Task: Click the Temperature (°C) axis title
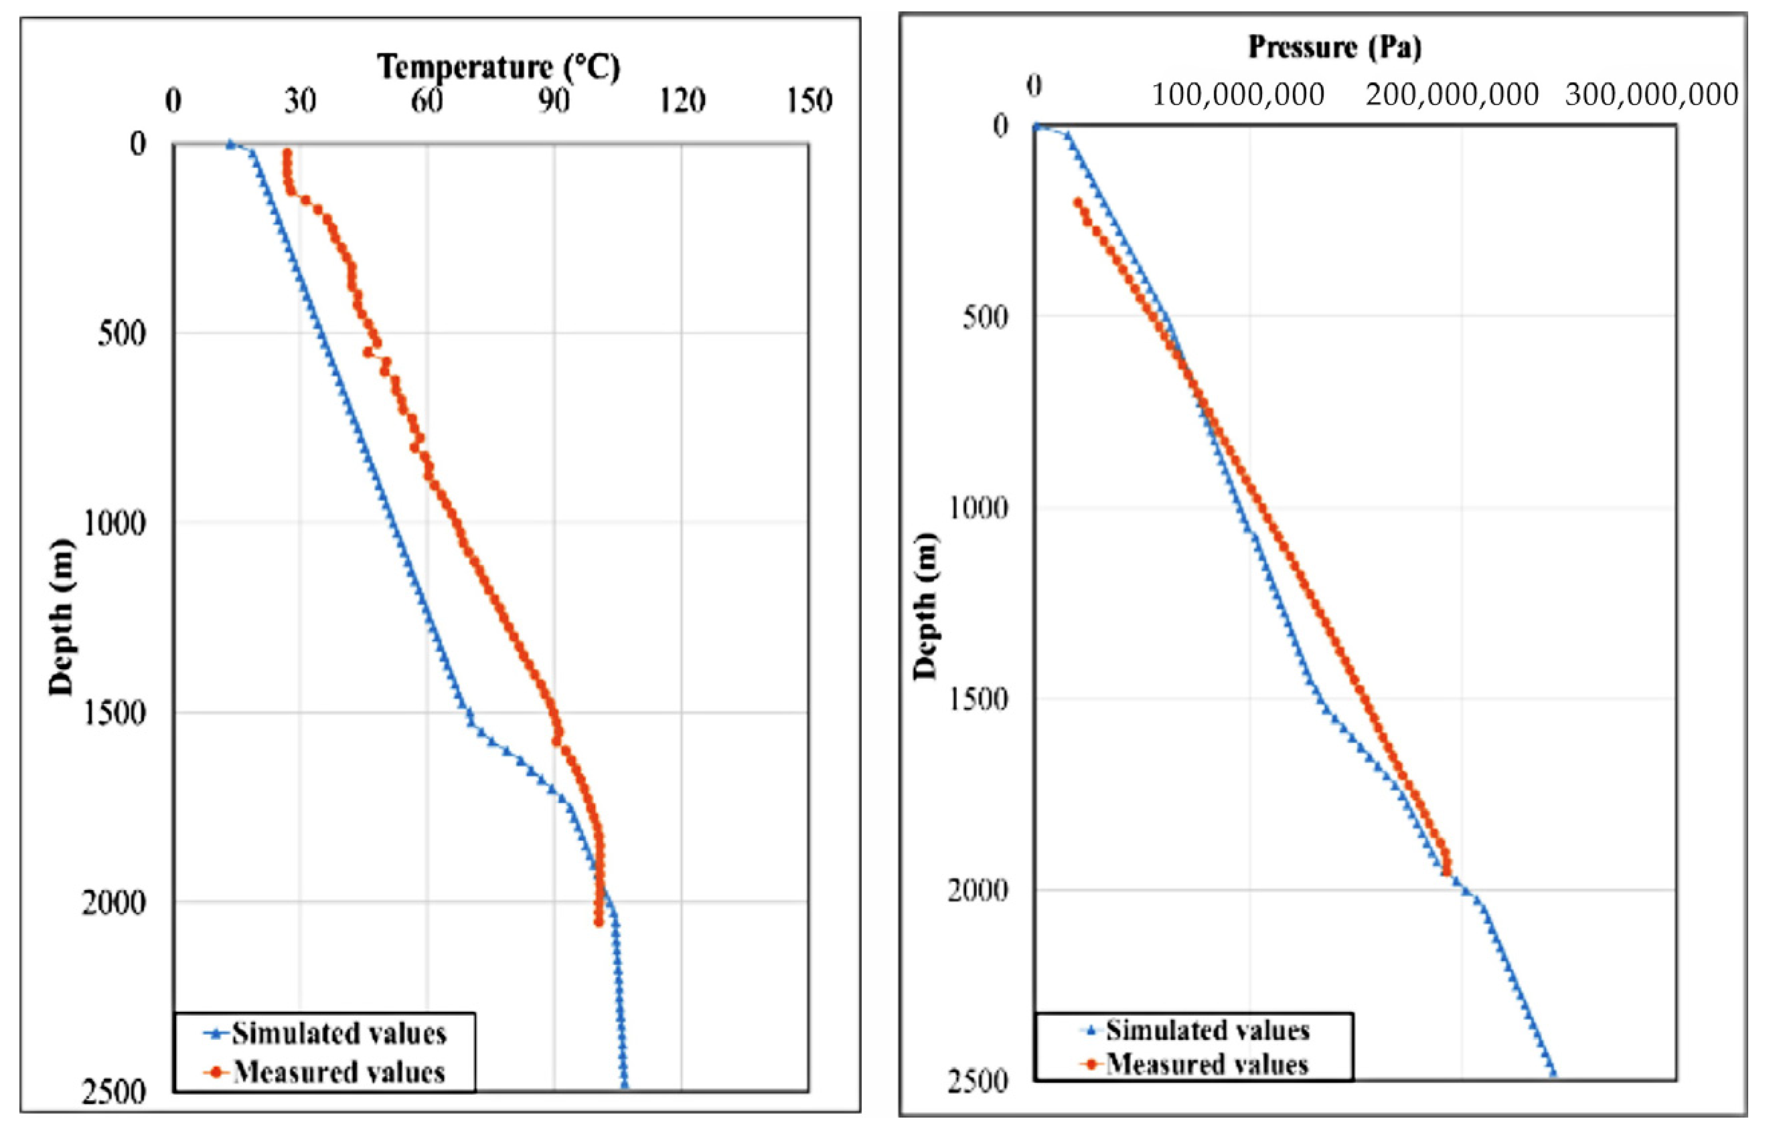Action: click(499, 68)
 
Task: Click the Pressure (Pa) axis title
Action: click(1334, 48)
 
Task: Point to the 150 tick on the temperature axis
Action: click(809, 100)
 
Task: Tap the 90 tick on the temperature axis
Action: click(554, 100)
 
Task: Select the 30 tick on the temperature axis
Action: click(301, 100)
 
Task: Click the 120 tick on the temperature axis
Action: click(682, 100)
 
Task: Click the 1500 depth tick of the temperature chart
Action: click(114, 712)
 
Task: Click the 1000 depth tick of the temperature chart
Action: click(114, 523)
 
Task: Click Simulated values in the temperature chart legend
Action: click(339, 1033)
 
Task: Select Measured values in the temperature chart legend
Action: click(339, 1071)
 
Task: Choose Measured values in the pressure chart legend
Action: click(1207, 1064)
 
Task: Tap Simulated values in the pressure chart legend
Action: click(1208, 1029)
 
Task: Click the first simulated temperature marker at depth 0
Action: click(230, 145)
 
